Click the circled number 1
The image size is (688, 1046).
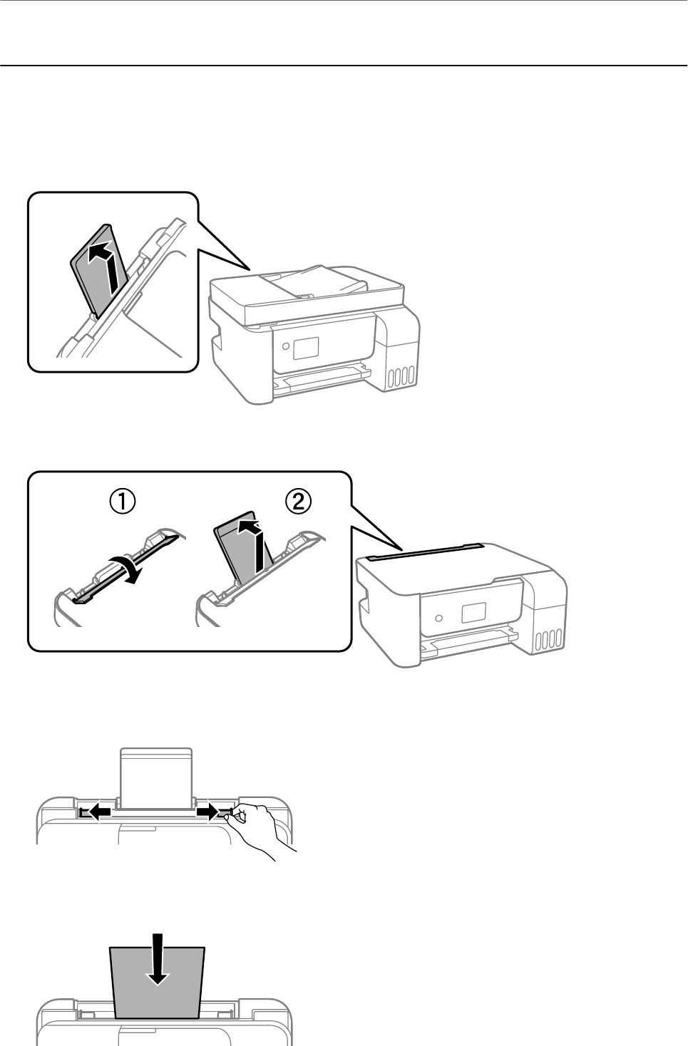click(123, 502)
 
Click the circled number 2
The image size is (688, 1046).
click(299, 502)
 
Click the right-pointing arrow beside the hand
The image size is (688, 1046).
click(209, 811)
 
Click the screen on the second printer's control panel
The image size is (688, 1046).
click(473, 612)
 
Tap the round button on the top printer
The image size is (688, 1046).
click(286, 346)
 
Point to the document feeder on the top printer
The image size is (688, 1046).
click(314, 285)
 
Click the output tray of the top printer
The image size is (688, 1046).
click(321, 381)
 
